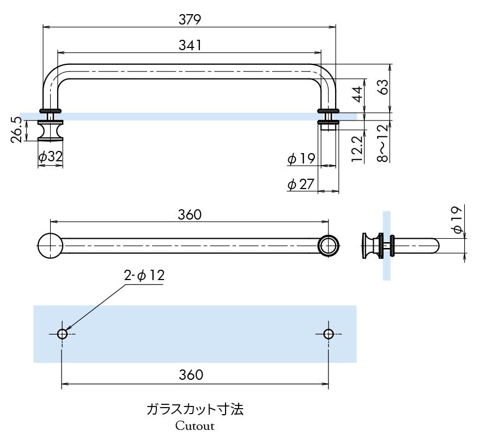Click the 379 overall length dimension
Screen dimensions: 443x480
click(x=190, y=19)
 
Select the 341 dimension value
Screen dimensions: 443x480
click(x=190, y=45)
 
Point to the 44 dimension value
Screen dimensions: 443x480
click(x=357, y=94)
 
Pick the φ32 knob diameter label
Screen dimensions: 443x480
click(x=50, y=157)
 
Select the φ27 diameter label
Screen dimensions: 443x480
click(x=301, y=184)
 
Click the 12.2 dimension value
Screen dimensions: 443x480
click(x=357, y=149)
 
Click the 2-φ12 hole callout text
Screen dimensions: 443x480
click(x=144, y=276)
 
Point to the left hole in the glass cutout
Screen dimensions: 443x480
click(x=62, y=333)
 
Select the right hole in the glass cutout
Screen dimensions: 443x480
click(x=328, y=333)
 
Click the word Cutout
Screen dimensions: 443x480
click(x=195, y=426)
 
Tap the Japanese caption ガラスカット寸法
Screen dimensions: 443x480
click(x=195, y=409)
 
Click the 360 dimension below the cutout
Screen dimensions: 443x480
click(x=191, y=375)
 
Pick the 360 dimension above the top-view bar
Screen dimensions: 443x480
click(x=190, y=215)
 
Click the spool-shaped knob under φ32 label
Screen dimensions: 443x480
click(x=50, y=130)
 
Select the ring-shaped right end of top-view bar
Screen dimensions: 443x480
click(x=329, y=245)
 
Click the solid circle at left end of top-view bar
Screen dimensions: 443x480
click(x=50, y=245)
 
